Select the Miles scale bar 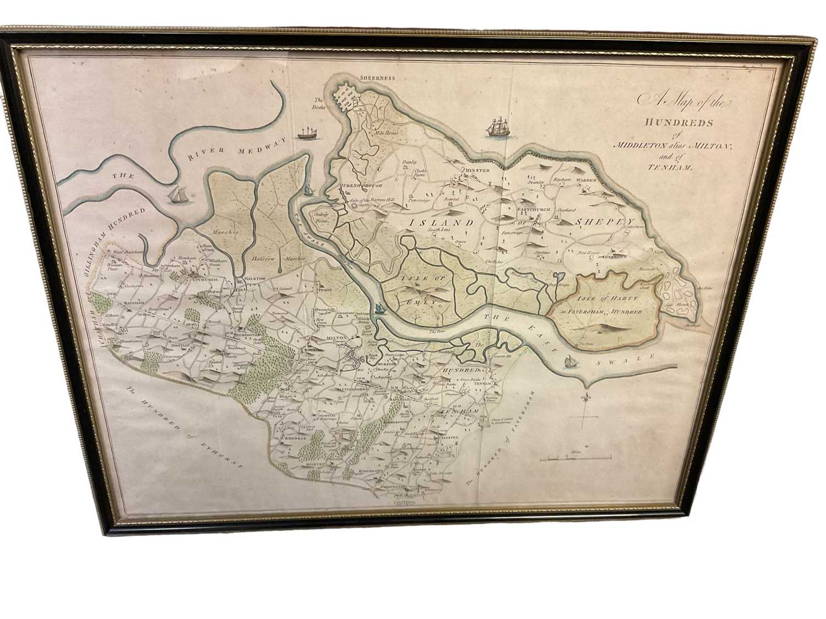(x=575, y=457)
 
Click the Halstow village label (x=252, y=279)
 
